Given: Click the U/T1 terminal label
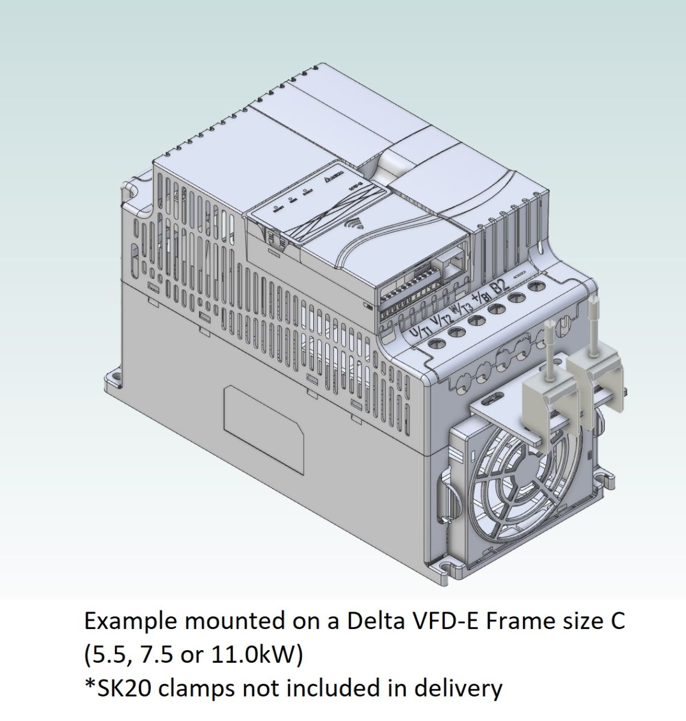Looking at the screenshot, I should (x=419, y=331).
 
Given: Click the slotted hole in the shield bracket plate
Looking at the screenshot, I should (x=497, y=397).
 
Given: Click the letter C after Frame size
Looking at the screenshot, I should (x=617, y=621).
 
